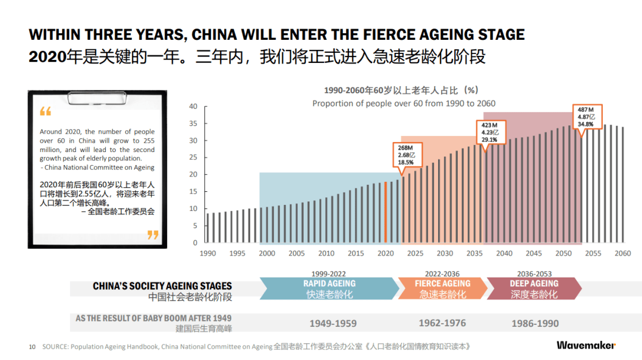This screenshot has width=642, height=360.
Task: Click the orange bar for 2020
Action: [x=386, y=212]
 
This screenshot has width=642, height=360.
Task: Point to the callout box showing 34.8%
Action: [x=587, y=116]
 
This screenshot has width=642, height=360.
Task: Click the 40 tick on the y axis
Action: [x=193, y=107]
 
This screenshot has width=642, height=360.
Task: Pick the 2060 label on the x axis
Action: [x=622, y=254]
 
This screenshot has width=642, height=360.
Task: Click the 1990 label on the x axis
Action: [x=207, y=254]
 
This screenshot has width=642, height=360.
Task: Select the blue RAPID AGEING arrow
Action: [x=329, y=288]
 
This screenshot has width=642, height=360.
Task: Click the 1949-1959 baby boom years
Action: [x=333, y=324]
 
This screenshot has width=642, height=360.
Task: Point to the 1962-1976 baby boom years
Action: [x=442, y=323]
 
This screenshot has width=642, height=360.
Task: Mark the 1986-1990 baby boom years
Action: [x=535, y=324]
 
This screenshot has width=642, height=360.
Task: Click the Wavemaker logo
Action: [x=586, y=345]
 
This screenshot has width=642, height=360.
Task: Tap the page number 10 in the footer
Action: [x=33, y=346]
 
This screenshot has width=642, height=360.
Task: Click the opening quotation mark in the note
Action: [x=46, y=112]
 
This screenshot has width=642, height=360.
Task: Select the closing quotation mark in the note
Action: [x=153, y=235]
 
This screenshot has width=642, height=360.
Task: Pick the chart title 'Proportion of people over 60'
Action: [x=404, y=103]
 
